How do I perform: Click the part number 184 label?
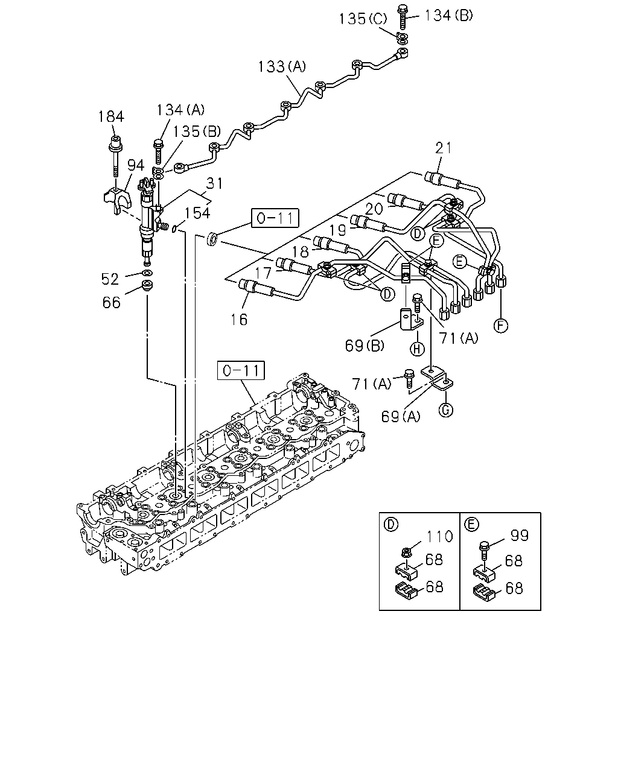tap(111, 116)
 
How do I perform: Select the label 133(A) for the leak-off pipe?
tap(282, 66)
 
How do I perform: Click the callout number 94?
tap(136, 165)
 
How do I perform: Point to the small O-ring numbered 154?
tap(174, 229)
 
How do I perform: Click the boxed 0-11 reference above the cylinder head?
tap(241, 370)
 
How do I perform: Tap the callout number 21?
tap(444, 148)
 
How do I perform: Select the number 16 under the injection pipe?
tap(239, 319)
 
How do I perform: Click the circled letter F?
tap(501, 326)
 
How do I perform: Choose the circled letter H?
tap(417, 349)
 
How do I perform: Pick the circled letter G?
tap(446, 410)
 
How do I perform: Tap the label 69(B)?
tap(365, 346)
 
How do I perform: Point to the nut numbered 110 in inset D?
tap(406, 553)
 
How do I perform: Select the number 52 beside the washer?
tap(109, 279)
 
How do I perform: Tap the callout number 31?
tap(214, 183)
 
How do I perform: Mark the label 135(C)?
tap(363, 19)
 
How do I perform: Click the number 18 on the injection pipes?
tap(301, 252)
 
